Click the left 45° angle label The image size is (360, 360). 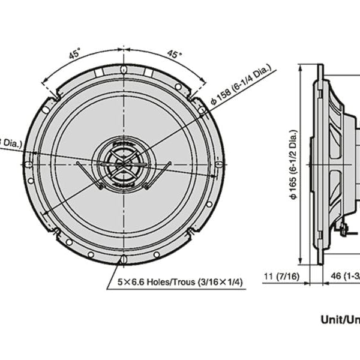click(x=74, y=53)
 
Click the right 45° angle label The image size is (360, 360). click(x=173, y=53)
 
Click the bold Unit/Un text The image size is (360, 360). click(x=338, y=320)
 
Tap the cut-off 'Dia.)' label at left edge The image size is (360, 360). click(x=11, y=143)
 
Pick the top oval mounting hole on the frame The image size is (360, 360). click(x=124, y=69)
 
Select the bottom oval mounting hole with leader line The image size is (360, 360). click(x=124, y=259)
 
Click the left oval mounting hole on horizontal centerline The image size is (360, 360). click(x=29, y=163)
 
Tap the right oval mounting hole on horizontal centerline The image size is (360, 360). click(x=219, y=163)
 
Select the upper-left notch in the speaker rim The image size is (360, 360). click(x=56, y=95)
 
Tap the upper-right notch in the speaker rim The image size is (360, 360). click(x=191, y=95)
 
